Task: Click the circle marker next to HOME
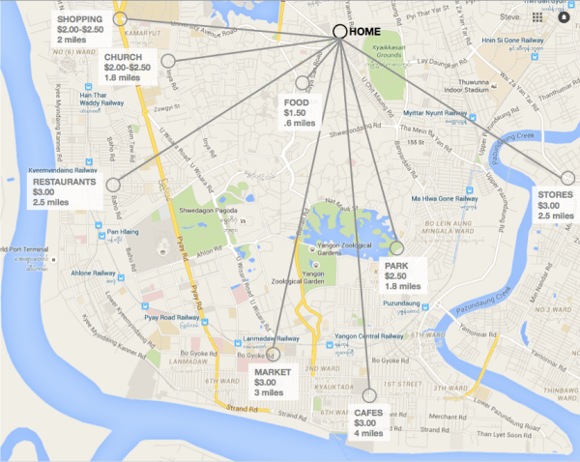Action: click(339, 32)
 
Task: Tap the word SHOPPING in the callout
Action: click(79, 19)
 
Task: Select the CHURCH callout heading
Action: click(125, 58)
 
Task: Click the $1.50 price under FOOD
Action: click(296, 112)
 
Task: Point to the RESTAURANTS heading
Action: click(64, 181)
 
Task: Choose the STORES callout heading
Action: click(555, 194)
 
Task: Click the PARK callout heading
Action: click(397, 266)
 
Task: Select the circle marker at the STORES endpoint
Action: click(568, 178)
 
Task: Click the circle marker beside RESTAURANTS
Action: click(113, 184)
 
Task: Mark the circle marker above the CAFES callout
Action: click(368, 394)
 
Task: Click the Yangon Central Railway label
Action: click(367, 336)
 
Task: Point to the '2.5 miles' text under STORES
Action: click(556, 216)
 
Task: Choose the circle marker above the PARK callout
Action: click(395, 247)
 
